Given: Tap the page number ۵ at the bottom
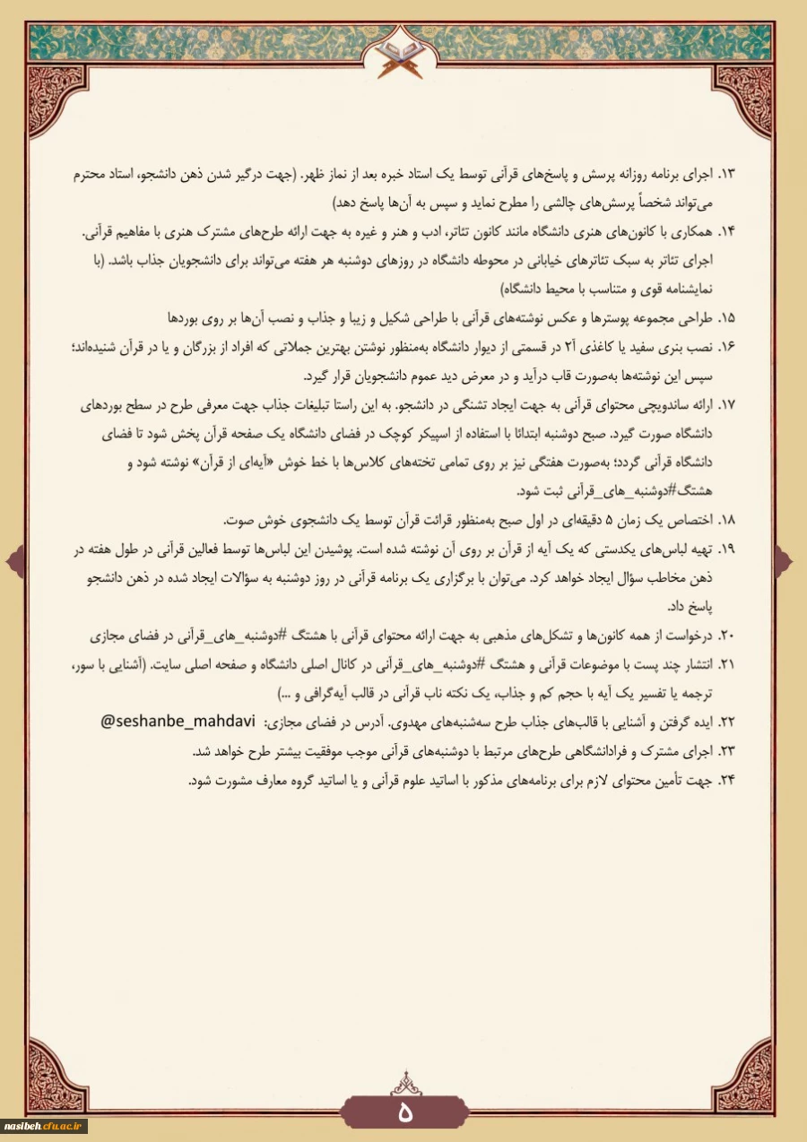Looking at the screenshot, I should pyautogui.click(x=404, y=1112).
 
